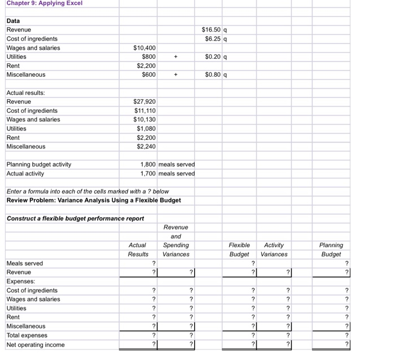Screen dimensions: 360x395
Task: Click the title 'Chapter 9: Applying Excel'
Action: (x=45, y=3)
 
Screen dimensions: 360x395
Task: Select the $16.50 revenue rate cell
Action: (x=212, y=30)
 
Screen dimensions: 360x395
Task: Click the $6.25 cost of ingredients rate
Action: (x=213, y=39)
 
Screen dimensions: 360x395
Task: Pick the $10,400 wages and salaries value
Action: (x=144, y=48)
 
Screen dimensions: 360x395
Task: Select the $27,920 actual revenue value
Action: (x=144, y=102)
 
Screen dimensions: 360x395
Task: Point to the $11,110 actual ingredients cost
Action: (x=144, y=111)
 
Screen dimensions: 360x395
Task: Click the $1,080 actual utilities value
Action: (x=146, y=129)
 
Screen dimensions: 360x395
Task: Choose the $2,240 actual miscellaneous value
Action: (x=146, y=147)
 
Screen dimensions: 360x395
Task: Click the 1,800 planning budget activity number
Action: (x=148, y=164)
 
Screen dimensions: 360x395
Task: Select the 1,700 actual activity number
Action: (x=148, y=173)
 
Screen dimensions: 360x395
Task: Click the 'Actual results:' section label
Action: (x=26, y=93)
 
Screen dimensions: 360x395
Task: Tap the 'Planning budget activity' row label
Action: (x=39, y=164)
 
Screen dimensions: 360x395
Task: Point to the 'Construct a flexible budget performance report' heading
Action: (x=75, y=218)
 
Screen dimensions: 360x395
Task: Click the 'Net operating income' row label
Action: (x=36, y=345)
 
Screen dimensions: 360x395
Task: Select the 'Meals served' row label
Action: (x=24, y=264)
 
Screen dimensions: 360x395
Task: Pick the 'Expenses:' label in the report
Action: (x=20, y=281)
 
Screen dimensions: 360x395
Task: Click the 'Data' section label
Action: (x=13, y=21)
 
